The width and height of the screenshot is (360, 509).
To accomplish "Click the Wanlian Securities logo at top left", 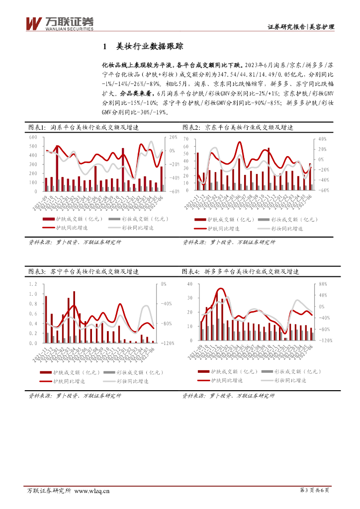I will point(59,23).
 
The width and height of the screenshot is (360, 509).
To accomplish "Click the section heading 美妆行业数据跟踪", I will point(149,47).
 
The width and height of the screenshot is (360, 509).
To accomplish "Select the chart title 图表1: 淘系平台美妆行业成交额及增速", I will point(83,128).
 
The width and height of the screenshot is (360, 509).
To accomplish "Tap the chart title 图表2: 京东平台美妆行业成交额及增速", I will point(238,128).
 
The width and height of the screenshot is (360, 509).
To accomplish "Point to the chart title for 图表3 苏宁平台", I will point(83,272).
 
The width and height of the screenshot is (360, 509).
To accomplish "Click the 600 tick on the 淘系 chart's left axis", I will point(33,137).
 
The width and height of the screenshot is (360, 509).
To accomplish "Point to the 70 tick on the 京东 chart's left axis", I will point(187,139).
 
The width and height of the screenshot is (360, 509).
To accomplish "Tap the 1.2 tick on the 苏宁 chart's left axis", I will point(33,284).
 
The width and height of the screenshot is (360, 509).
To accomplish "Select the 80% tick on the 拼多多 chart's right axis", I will point(322,284).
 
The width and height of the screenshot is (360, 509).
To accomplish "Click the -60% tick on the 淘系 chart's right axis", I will point(175,191).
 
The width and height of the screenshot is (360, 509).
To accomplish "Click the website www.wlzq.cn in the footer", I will point(91,491).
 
